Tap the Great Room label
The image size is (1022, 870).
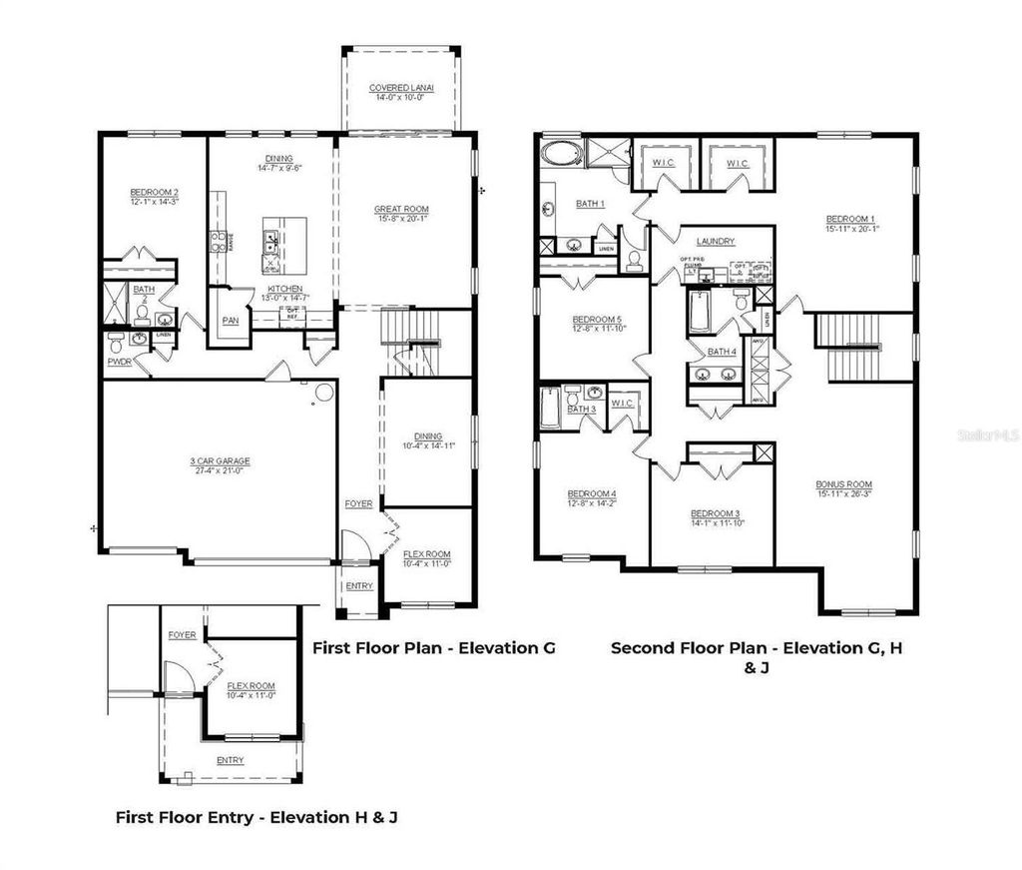(401, 210)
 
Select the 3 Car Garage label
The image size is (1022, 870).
(220, 461)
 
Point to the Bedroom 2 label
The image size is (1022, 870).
(154, 193)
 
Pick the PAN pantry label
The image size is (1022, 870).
(230, 322)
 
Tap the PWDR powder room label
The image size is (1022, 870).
(120, 362)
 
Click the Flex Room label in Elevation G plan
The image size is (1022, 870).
(426, 554)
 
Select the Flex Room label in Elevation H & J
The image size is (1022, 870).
(251, 686)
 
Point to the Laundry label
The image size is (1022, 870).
(716, 241)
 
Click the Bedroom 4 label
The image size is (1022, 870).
(592, 493)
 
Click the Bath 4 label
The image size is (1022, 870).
(721, 352)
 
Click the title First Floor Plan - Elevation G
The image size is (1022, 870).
(433, 647)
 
